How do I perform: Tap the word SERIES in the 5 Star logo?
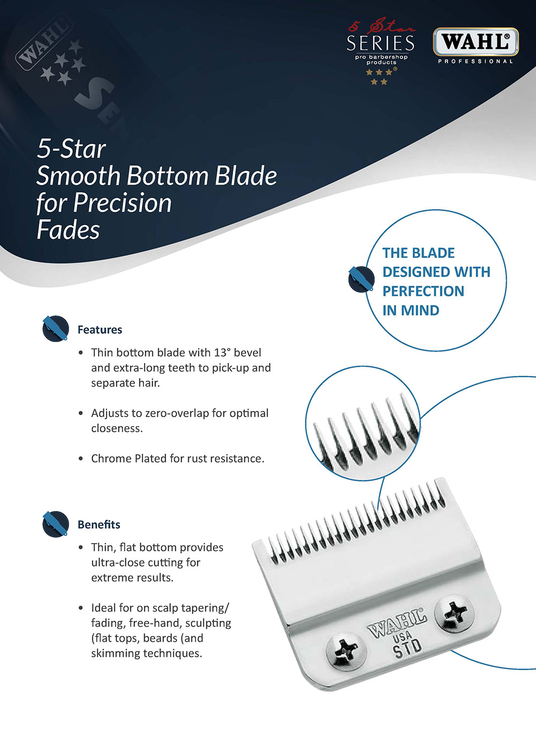(x=381, y=43)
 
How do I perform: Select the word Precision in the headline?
(x=122, y=203)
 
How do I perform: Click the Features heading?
(x=100, y=330)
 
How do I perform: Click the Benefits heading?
(x=99, y=524)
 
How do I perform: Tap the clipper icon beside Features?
(x=55, y=328)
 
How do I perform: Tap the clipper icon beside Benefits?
(x=55, y=524)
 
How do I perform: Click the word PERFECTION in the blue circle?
(x=423, y=291)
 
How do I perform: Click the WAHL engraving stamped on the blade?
(x=397, y=622)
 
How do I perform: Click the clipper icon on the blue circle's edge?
(x=361, y=279)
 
